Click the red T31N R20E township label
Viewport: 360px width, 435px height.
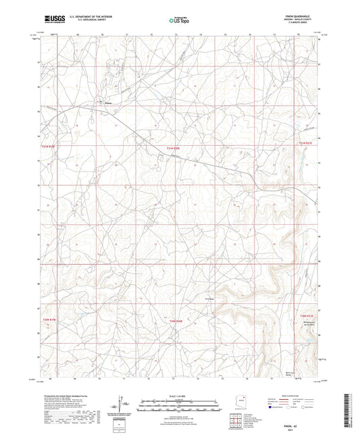click(x=175, y=150)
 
